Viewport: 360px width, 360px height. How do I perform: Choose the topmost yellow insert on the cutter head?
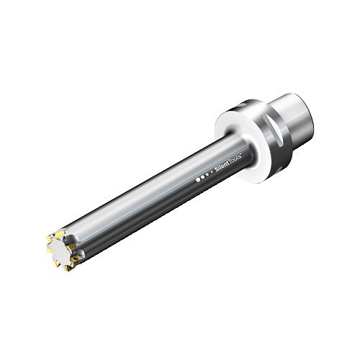60,232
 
